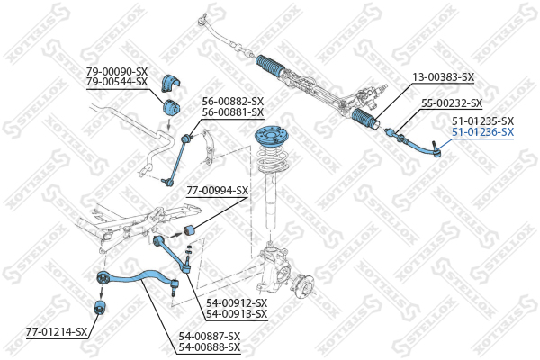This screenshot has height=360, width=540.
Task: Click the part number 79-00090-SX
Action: [117, 72]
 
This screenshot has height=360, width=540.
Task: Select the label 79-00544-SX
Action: [117, 82]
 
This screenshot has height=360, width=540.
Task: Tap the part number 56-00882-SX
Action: [233, 102]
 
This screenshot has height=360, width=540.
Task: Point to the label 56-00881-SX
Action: [233, 112]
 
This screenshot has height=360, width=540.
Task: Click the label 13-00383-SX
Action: [444, 77]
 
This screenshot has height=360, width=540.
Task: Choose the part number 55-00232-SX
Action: [452, 103]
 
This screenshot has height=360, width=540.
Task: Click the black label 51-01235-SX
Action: [482, 121]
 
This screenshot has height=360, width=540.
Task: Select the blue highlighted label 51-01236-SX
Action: [482, 132]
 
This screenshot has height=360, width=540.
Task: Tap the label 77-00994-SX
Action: [217, 191]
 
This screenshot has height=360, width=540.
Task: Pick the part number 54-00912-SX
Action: [237, 303]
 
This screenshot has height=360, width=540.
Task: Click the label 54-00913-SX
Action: [237, 314]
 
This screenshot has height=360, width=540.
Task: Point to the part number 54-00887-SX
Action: [210, 336]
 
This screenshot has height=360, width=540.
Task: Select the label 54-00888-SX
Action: [210, 346]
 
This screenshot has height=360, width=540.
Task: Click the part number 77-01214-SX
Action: [57, 332]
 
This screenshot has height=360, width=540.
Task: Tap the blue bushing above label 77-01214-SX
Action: [101, 307]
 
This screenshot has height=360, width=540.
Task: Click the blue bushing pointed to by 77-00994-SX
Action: [188, 229]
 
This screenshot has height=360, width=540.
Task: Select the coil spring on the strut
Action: [273, 158]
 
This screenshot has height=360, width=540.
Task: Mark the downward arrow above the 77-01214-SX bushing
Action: [102, 292]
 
